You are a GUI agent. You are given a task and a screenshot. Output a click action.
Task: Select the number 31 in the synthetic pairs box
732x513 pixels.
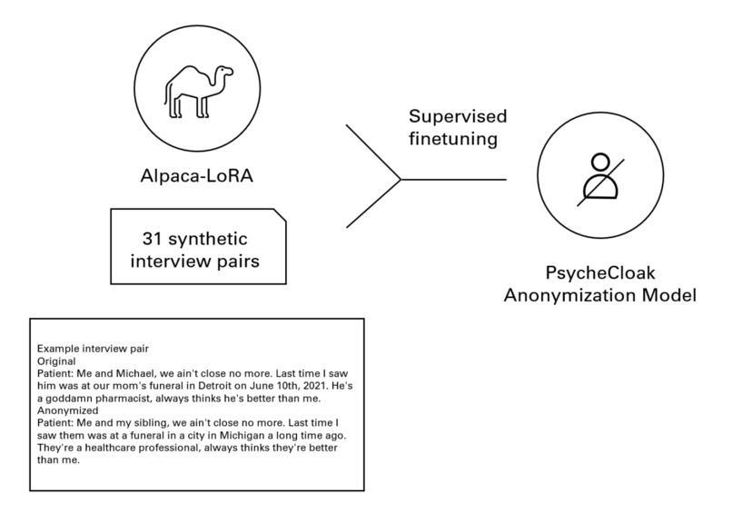point(152,240)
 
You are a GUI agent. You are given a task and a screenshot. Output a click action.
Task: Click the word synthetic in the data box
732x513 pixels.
point(208,240)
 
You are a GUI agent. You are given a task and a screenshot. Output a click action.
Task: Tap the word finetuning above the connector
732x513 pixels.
point(453,141)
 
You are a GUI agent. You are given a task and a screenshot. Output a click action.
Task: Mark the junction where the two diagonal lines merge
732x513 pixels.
point(401,178)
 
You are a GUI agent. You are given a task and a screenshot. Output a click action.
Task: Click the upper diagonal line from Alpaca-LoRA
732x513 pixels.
point(372,151)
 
